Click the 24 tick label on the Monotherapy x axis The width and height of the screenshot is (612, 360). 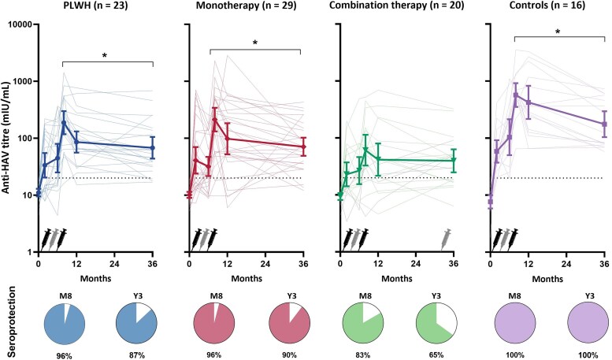click(x=265, y=263)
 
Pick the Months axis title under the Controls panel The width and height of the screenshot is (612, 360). click(x=547, y=278)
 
